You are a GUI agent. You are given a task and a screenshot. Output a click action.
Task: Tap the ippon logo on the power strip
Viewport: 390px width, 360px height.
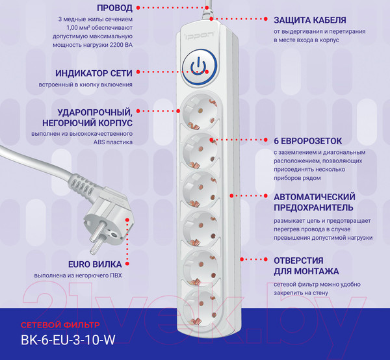pos(199,35)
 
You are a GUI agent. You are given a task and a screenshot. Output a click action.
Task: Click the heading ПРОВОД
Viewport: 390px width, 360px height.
pos(114,8)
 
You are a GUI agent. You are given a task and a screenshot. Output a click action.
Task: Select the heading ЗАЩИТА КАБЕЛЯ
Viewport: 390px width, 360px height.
pos(310,20)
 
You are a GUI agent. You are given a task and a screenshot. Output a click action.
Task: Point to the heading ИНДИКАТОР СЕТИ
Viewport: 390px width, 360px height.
pos(94,73)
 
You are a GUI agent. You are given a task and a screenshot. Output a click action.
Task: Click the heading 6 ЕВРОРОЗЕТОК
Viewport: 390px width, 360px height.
pos(308,141)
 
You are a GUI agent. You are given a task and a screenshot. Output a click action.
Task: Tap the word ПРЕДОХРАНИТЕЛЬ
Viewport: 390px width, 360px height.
pos(313,207)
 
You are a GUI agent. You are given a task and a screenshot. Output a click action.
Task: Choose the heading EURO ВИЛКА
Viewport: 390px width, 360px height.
pos(95,264)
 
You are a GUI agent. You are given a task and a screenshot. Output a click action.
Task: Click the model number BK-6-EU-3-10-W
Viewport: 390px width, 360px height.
pos(68,340)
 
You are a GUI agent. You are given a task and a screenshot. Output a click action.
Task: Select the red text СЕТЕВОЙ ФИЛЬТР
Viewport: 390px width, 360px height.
pos(60,325)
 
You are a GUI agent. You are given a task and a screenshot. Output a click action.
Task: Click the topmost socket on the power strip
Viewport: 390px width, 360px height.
pos(200,111)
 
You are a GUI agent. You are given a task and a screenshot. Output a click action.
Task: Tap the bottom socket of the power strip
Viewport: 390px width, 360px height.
pos(200,307)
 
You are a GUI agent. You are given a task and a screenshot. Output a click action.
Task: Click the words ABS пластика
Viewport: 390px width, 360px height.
pos(113,142)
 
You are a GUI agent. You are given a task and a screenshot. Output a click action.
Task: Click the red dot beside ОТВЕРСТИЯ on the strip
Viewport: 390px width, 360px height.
pos(242,259)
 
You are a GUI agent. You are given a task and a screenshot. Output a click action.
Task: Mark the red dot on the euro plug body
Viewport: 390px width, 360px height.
pos(127,220)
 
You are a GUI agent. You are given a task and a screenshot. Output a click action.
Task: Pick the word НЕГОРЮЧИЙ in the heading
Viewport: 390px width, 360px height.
pos(69,123)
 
